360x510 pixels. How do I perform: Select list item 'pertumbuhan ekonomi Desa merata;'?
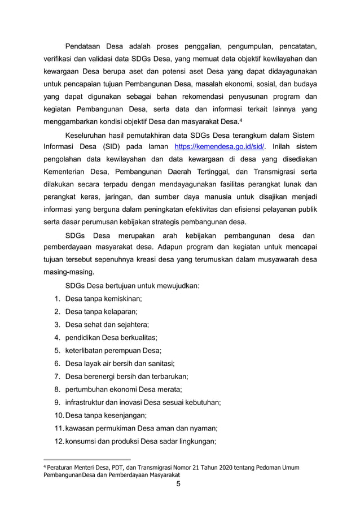click(x=124, y=389)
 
